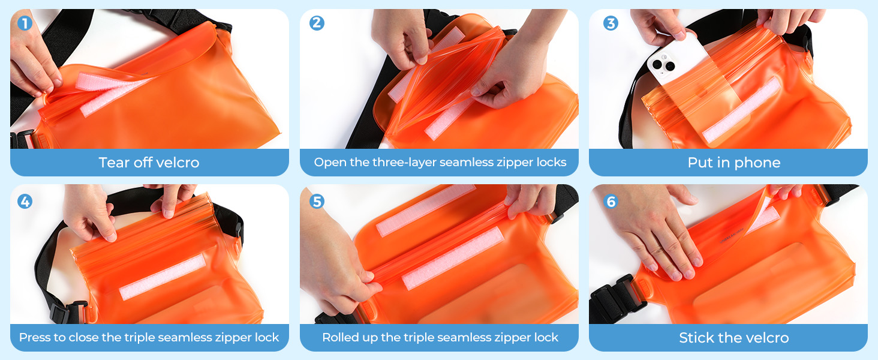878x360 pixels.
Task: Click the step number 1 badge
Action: click(x=23, y=23)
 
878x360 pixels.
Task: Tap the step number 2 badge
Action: click(x=317, y=23)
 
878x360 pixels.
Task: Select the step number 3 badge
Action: click(x=611, y=23)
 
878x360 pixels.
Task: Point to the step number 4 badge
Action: click(x=25, y=201)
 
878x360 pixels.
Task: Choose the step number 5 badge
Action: click(x=317, y=201)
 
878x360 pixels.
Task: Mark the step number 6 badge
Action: click(x=611, y=201)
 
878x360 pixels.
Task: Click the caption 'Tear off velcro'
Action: click(x=149, y=163)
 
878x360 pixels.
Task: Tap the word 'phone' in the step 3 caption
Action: click(x=757, y=163)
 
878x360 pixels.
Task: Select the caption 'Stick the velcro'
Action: click(x=733, y=338)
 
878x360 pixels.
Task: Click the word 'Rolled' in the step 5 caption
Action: click(x=339, y=338)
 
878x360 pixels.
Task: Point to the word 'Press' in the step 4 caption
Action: click(x=34, y=338)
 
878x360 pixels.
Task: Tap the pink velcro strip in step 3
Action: click(x=742, y=112)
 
